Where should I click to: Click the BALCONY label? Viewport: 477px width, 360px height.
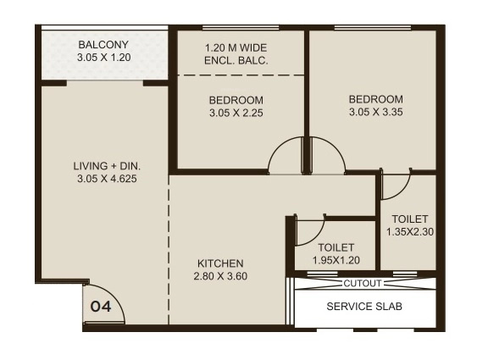(x=103, y=45)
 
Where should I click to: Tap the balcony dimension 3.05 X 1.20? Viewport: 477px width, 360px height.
(x=103, y=60)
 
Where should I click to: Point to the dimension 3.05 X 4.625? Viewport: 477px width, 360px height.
(x=107, y=179)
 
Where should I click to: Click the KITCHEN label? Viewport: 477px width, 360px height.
(x=220, y=263)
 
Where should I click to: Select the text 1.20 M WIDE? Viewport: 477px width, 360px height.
(x=236, y=47)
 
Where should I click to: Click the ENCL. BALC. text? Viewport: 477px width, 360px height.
(x=236, y=61)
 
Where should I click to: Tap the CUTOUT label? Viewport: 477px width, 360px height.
(x=363, y=284)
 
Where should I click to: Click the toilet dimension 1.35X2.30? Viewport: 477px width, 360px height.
(x=410, y=231)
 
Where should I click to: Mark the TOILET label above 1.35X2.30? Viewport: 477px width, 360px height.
(x=410, y=219)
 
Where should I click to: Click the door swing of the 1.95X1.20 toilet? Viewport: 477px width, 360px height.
(x=307, y=227)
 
